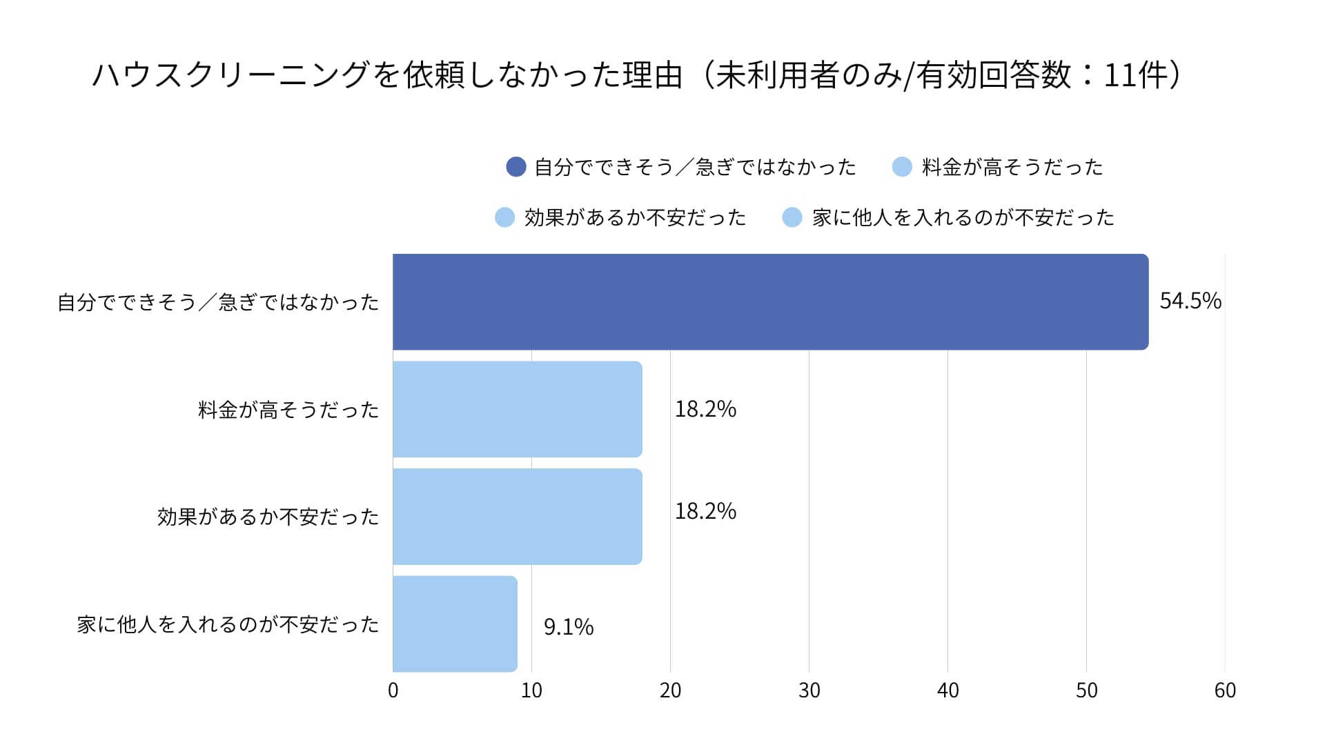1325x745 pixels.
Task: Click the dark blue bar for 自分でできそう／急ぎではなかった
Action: point(770,302)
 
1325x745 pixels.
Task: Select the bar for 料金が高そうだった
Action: point(518,409)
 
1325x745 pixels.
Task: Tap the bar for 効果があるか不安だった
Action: point(518,517)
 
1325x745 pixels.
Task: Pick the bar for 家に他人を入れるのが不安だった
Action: point(455,624)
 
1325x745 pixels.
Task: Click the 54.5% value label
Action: point(1190,301)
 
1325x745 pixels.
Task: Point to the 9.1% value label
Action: point(569,627)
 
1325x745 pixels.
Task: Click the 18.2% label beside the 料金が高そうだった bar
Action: point(705,409)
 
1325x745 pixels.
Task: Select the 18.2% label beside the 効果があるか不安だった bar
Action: point(705,511)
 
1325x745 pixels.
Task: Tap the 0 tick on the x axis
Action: point(393,691)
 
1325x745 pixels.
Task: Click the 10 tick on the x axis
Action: point(531,691)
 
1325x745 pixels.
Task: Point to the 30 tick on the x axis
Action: point(809,691)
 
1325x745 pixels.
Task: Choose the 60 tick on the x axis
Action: point(1225,691)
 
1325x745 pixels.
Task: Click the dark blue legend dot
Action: point(516,167)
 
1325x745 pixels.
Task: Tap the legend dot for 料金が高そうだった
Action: point(902,167)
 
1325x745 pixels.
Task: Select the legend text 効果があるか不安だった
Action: point(635,218)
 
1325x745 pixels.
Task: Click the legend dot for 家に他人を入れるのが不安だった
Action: point(792,218)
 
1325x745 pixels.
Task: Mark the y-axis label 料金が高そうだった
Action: point(288,410)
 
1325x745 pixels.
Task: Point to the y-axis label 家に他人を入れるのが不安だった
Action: point(228,625)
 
